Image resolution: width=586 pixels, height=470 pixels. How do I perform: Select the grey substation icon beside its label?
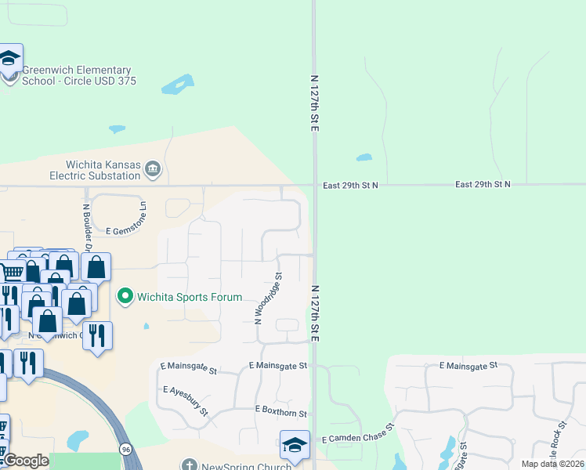coord(154,168)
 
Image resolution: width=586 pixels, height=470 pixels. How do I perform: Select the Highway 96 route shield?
coord(125,449)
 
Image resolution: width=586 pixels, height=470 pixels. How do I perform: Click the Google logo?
coord(25,461)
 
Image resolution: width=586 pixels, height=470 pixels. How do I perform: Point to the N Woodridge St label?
coord(268,298)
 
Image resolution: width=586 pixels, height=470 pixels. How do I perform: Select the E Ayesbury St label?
coord(185,400)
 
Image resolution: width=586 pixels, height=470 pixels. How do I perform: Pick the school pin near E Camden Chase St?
coord(295,445)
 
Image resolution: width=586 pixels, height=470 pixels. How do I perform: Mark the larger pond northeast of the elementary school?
coord(178,83)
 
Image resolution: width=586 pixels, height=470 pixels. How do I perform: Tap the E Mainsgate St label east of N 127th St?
coord(468,365)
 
